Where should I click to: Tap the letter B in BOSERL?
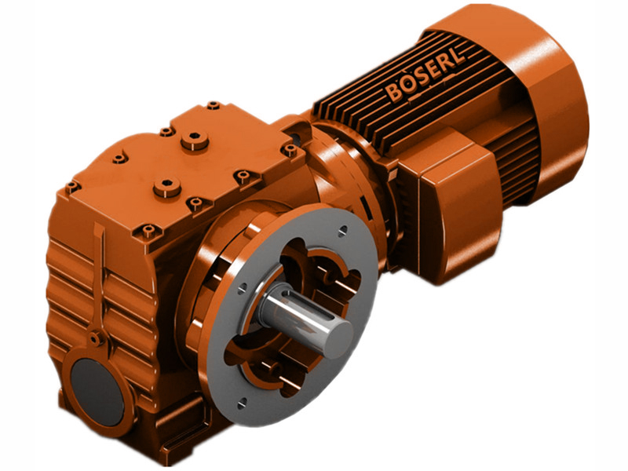click(392, 93)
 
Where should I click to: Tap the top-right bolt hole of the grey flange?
click(342, 231)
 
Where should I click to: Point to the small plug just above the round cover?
click(96, 339)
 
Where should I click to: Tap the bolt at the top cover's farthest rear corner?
click(213, 105)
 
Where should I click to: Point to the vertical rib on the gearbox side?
click(100, 275)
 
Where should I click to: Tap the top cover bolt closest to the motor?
click(290, 149)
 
